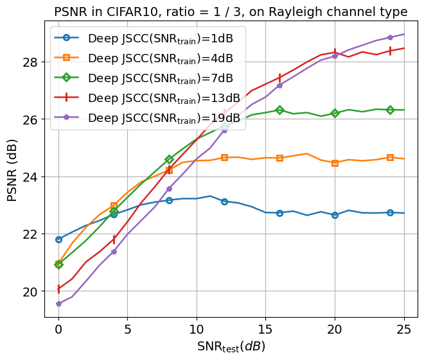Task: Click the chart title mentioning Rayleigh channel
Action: (231, 12)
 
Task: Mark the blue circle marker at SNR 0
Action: (58, 239)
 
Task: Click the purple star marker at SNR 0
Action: (58, 304)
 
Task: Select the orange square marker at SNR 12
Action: (224, 157)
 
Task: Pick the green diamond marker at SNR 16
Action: (279, 110)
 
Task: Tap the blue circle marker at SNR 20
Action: (335, 215)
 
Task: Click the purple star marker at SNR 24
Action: (390, 37)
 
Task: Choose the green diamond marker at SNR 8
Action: (169, 159)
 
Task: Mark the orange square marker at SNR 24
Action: (390, 157)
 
